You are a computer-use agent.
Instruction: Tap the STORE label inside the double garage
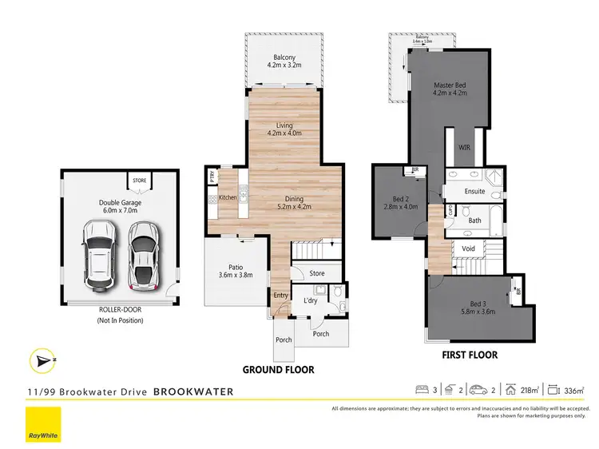(x=139, y=181)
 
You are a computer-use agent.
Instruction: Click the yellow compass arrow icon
(x=41, y=360)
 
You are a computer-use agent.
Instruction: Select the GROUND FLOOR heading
(x=280, y=370)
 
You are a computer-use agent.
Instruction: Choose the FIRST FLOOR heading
(x=470, y=355)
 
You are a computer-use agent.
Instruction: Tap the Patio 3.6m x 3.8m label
(x=235, y=271)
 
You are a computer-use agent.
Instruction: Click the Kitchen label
(x=228, y=197)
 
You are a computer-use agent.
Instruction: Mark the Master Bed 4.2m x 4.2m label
(x=450, y=89)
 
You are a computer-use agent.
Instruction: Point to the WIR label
(x=464, y=148)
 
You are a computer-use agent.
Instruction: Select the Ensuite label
(x=474, y=193)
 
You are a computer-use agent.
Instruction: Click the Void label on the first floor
(x=469, y=248)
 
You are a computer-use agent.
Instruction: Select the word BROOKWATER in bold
(x=193, y=392)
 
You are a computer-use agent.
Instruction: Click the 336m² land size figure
(x=575, y=391)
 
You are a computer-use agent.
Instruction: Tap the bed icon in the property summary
(x=422, y=391)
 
